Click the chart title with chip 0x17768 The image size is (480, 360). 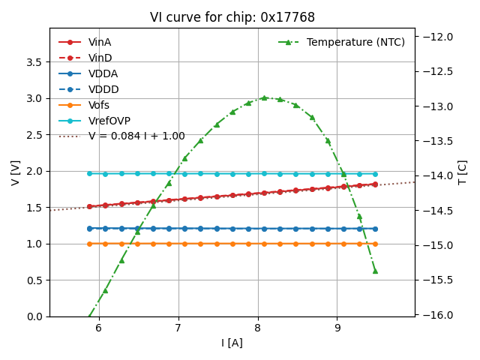[x=232, y=17]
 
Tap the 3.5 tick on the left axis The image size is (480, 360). [x=34, y=62]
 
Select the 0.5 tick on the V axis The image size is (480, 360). [x=34, y=280]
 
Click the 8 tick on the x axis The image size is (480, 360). [x=258, y=328]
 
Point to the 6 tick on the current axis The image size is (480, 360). [x=98, y=328]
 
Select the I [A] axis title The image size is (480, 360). [x=232, y=343]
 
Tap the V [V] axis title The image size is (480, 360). [x=15, y=172]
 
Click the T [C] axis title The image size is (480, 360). [x=462, y=172]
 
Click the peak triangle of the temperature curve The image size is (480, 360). [x=264, y=97]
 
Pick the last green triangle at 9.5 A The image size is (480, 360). [x=375, y=271]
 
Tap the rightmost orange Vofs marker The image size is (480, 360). [x=375, y=244]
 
